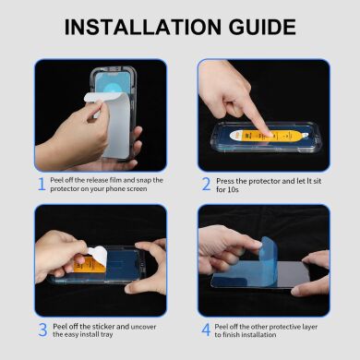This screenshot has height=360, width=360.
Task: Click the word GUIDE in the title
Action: tap(276, 26)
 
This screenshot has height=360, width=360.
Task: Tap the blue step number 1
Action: tap(42, 184)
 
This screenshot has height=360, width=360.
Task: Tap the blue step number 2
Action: tap(206, 184)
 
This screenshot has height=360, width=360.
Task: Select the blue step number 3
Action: tap(42, 330)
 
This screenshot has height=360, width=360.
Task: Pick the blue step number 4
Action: tap(206, 330)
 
